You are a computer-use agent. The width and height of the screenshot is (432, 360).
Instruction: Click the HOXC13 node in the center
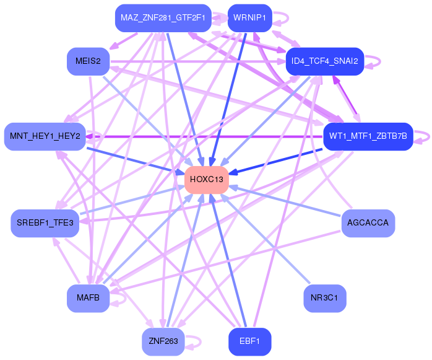207,180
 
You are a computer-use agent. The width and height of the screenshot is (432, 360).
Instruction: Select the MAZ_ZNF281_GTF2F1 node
163,17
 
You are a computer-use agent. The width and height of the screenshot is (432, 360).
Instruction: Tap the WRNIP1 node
249,17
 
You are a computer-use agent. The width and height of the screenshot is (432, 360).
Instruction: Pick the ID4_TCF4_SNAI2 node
324,61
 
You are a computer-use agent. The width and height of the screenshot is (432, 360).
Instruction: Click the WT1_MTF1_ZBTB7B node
368,136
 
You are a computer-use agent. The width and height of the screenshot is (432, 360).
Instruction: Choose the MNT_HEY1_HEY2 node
45,136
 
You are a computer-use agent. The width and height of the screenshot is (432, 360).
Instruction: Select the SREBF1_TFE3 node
45,223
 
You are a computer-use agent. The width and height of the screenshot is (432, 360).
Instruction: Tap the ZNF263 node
163,341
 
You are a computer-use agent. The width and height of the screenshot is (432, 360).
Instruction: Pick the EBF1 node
249,341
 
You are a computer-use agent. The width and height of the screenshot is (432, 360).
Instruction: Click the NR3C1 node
324,298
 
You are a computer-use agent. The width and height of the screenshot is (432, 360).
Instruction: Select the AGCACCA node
368,223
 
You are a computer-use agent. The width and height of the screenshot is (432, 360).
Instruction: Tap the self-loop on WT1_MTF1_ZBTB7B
423,136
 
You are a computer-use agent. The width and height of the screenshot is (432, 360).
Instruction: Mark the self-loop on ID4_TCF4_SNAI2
373,61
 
